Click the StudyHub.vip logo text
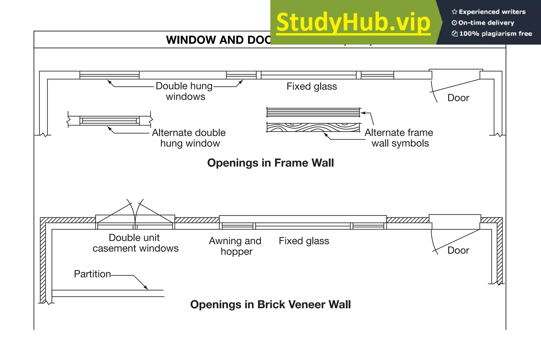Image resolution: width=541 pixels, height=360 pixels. click(353, 23)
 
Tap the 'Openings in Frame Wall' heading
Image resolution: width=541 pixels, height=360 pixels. click(270, 163)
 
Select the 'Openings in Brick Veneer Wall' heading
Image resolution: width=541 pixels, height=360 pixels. click(270, 305)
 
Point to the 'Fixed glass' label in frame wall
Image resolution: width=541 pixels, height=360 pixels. click(312, 87)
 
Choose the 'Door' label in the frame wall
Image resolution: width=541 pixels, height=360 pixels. click(458, 98)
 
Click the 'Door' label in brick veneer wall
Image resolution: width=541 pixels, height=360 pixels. click(458, 250)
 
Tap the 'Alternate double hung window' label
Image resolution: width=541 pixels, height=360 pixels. click(189, 138)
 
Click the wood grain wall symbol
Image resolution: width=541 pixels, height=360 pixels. click(313, 127)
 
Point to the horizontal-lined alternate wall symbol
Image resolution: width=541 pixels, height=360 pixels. click(313, 112)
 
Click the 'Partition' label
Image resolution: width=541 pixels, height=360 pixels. click(92, 274)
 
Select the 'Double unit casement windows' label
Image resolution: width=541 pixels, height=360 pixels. click(135, 243)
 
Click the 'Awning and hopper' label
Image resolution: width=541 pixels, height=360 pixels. click(235, 246)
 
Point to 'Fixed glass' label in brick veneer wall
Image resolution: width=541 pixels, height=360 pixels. click(304, 241)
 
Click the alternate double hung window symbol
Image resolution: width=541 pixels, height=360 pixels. click(109, 121)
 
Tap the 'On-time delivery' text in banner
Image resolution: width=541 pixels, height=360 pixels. click(486, 23)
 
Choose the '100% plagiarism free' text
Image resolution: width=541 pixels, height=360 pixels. click(495, 34)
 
